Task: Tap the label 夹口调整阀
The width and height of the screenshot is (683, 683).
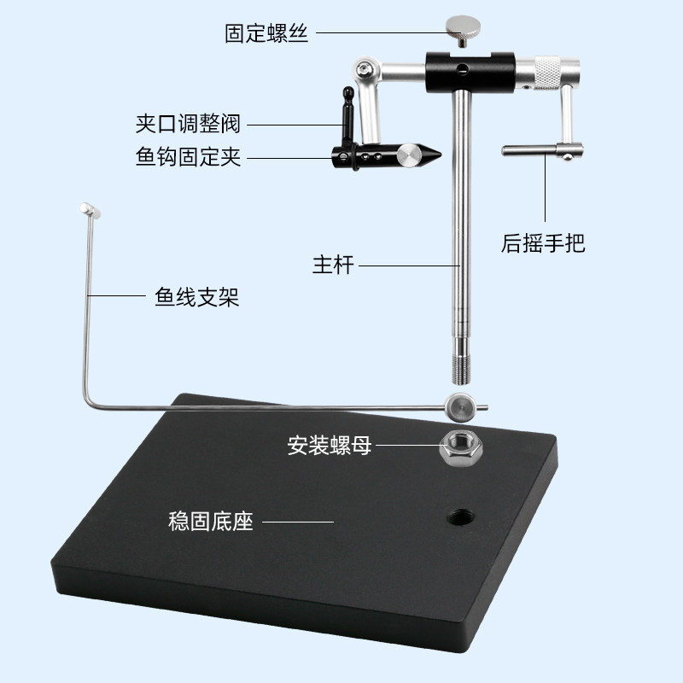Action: (x=188, y=125)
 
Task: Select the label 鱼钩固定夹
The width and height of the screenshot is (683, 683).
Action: (x=188, y=158)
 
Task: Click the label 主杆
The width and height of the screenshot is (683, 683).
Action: (x=333, y=266)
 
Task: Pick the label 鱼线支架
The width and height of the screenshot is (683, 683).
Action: (x=197, y=296)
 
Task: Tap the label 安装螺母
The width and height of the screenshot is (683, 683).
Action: (x=329, y=445)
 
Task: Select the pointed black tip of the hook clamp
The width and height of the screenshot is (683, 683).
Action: (x=431, y=155)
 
